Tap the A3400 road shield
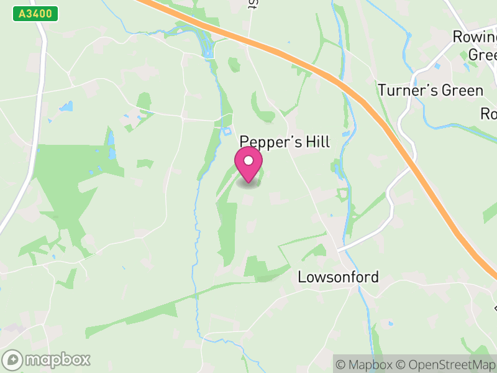point(35,14)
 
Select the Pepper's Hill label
point(285,142)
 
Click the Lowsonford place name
point(339,277)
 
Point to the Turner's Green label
point(431,91)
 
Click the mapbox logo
point(47,359)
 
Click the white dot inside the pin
point(248,160)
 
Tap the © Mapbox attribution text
point(365,364)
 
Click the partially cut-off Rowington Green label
point(475,45)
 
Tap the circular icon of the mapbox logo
point(13,359)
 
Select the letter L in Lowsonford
point(303,277)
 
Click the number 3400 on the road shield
point(39,14)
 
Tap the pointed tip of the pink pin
point(248,183)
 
